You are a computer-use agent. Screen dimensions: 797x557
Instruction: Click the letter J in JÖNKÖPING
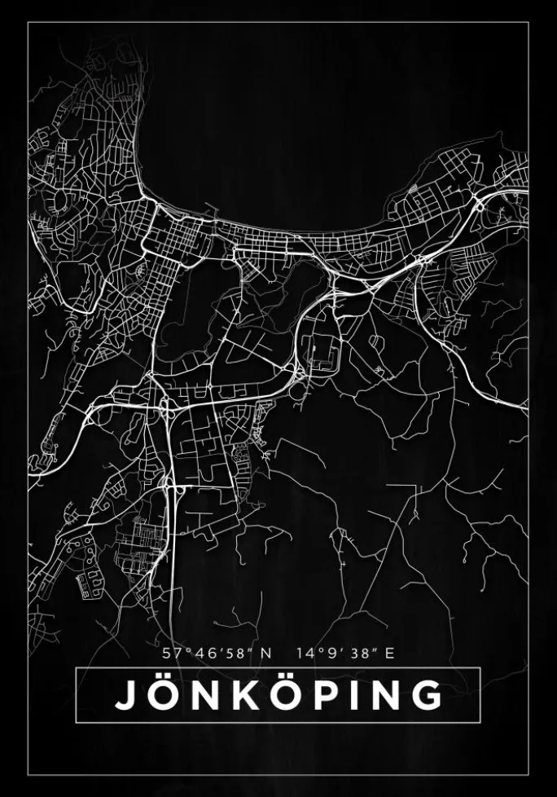pos(125,695)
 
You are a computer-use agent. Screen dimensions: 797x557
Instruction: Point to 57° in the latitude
pos(173,653)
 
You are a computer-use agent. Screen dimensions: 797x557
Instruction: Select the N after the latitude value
pos(266,653)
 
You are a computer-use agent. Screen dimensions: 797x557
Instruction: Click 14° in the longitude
pos(308,653)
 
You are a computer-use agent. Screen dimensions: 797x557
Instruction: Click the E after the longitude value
pos(389,653)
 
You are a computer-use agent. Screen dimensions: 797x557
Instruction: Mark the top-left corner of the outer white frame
pos(28,22)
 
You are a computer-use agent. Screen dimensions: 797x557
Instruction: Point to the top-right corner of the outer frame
pos(528,22)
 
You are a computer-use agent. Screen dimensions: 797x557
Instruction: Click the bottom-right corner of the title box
pos(480,722)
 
